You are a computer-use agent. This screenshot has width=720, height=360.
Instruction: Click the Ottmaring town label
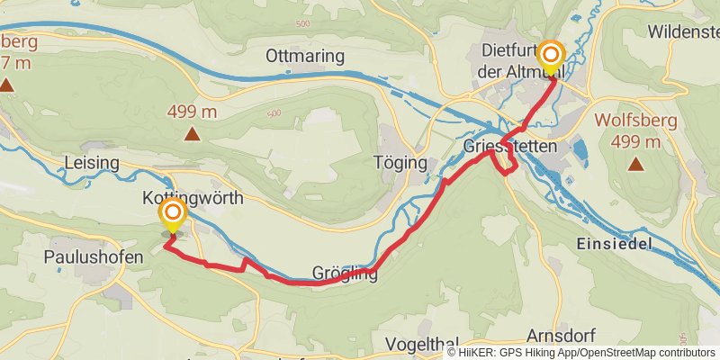(305, 57)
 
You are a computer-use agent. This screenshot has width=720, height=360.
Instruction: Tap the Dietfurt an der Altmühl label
(516, 58)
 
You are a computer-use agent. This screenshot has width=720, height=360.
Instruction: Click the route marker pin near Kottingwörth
(172, 216)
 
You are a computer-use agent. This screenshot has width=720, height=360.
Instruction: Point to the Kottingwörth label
(193, 198)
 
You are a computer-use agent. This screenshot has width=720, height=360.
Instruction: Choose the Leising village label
(93, 163)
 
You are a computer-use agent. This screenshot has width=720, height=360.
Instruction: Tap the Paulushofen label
(94, 257)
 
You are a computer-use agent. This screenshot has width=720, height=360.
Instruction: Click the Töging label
(398, 163)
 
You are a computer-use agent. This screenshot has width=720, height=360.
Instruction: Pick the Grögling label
(345, 274)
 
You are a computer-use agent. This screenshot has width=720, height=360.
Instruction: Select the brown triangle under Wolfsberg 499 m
(637, 164)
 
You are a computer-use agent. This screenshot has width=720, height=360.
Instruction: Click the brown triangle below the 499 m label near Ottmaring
(192, 135)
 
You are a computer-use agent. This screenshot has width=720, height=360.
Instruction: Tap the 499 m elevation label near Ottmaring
(193, 112)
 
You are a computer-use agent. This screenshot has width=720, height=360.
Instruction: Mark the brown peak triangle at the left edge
(6, 85)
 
